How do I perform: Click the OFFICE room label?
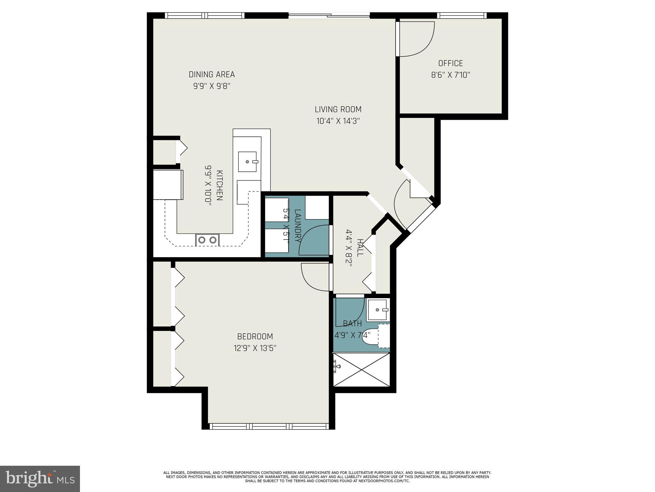tap(450, 63)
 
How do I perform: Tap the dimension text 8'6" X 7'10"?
tap(450, 75)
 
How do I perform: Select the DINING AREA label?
tap(212, 75)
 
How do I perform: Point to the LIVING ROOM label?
tap(338, 110)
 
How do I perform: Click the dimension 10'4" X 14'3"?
tap(338, 121)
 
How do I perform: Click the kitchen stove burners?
tap(207, 240)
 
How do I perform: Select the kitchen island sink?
tap(248, 162)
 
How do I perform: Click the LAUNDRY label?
tap(297, 225)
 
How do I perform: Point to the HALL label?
tap(360, 248)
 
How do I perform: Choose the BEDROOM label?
tap(255, 336)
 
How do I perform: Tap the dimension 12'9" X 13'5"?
tap(255, 348)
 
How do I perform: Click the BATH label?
tap(352, 324)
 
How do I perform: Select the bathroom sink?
tap(378, 310)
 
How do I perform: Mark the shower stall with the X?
tap(361, 369)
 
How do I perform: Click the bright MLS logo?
tap(40, 479)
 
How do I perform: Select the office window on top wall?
tap(462, 15)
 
